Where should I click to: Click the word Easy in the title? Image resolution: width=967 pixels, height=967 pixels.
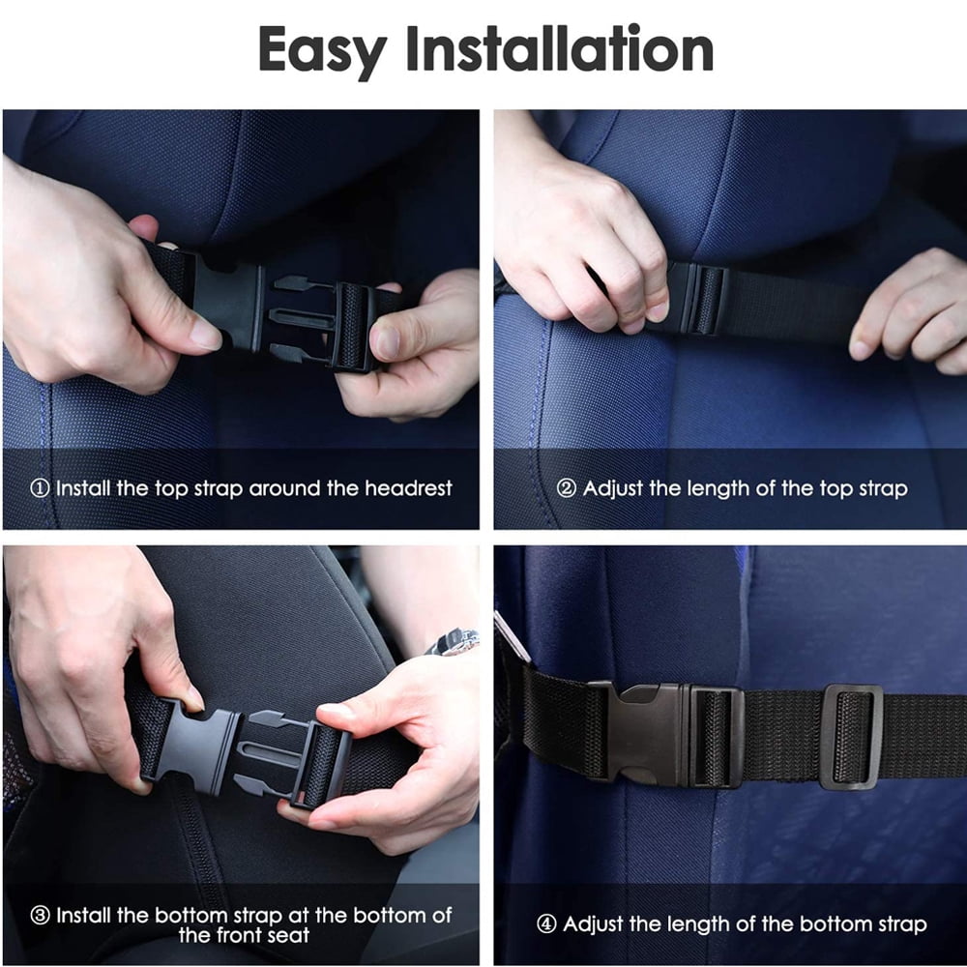pos(323,51)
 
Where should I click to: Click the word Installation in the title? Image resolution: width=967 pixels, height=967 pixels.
pos(559,48)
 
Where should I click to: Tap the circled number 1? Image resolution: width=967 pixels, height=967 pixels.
pos(40,488)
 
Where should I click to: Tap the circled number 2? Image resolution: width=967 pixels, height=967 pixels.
pos(566,488)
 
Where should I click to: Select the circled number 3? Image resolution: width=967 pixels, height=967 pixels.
pos(40,915)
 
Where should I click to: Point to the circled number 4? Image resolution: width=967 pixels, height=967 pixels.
pos(546,923)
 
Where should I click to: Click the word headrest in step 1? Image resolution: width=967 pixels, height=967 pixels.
pos(408,488)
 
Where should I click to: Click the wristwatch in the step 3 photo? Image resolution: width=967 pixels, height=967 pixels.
pos(453,641)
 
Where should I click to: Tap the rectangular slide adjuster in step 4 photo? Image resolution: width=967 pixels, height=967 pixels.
pos(851,736)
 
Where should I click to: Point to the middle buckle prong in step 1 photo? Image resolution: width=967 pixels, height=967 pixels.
pos(302,317)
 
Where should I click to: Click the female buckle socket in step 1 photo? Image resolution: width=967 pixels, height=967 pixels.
pos(225,302)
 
